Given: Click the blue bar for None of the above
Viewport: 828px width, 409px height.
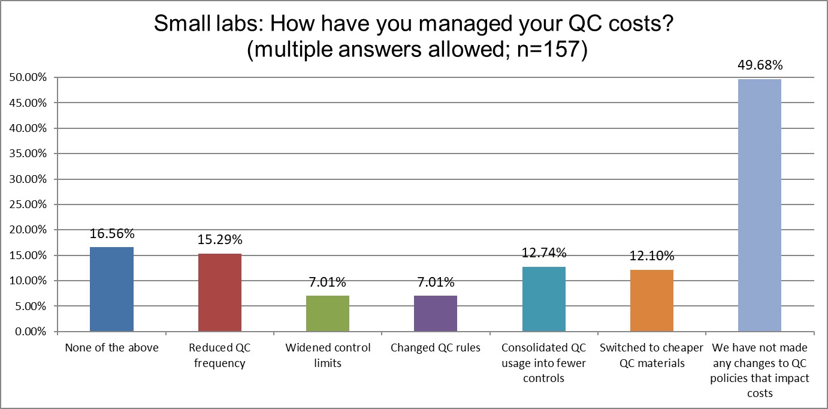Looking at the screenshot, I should [111, 289].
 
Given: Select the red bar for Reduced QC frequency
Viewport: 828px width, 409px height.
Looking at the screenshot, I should [219, 293].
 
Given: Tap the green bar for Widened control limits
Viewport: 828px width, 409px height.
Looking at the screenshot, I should [328, 314].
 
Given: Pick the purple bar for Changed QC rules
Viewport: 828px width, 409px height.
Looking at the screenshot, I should [436, 314].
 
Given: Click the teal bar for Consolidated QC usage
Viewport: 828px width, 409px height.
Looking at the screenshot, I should [543, 299].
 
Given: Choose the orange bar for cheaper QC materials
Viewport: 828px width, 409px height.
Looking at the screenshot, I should [652, 300].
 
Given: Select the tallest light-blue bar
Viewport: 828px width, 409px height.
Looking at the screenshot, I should [760, 205].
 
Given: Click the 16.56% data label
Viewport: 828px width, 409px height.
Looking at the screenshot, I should [111, 234].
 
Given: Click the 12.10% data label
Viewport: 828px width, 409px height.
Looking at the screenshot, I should [652, 257].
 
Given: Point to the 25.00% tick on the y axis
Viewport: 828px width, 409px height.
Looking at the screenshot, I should [28, 204].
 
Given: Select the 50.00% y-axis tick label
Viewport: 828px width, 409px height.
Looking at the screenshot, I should [28, 77].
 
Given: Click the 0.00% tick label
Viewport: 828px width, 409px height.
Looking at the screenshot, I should [30, 332].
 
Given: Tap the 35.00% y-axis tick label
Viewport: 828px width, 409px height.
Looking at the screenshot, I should [28, 154].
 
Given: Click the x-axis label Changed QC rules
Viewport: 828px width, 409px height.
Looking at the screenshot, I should [436, 348].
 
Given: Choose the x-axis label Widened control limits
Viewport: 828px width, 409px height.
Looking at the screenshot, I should [328, 355].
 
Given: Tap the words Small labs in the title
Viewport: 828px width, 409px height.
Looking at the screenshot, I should [198, 24].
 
